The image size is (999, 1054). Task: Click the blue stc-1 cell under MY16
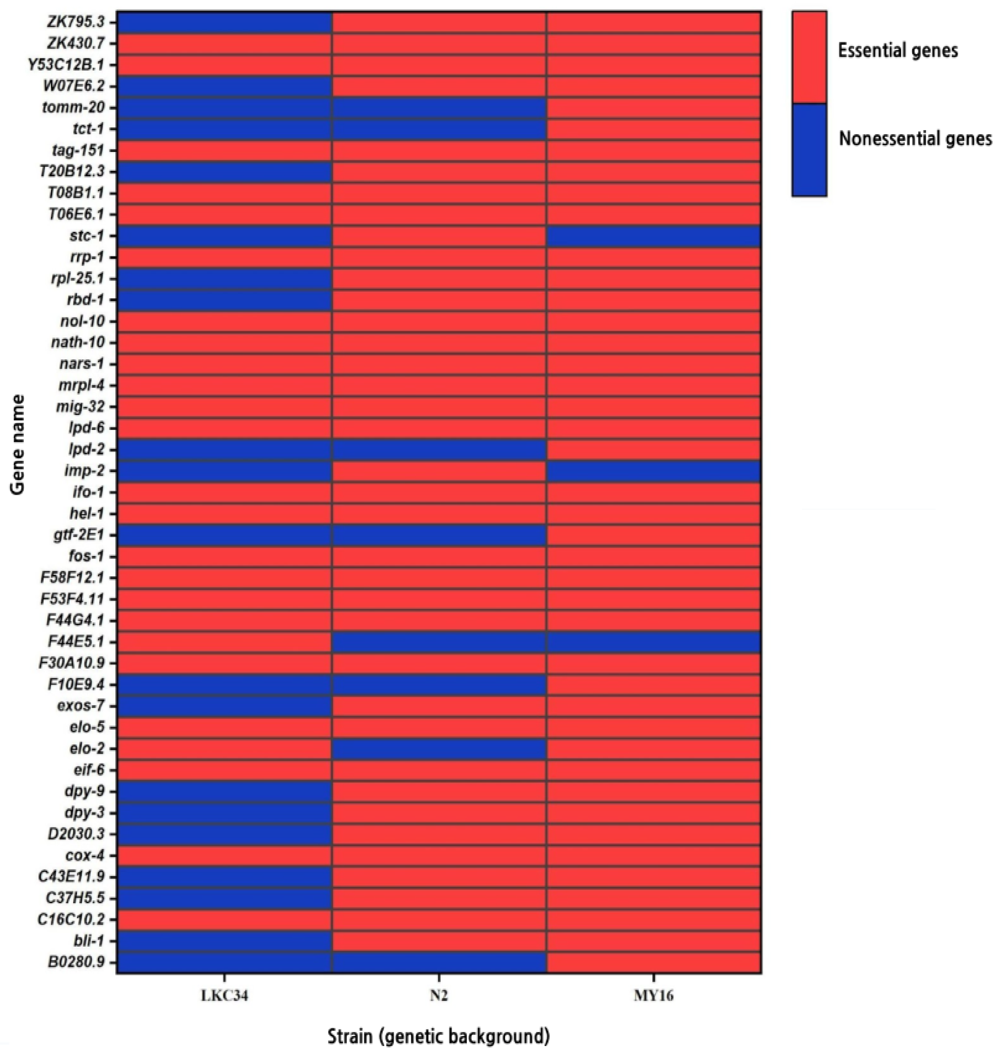coord(653,236)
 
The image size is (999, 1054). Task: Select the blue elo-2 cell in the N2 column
coord(439,748)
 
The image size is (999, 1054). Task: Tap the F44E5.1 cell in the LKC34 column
coord(224,641)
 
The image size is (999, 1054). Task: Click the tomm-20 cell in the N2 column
coord(439,108)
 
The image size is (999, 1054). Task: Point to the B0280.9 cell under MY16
coord(653,963)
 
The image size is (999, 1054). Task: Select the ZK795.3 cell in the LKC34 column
coord(224,23)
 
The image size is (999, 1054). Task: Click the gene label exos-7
coord(81,706)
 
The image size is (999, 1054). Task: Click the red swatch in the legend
coord(809,57)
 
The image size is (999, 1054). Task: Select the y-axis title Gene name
coord(18,445)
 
